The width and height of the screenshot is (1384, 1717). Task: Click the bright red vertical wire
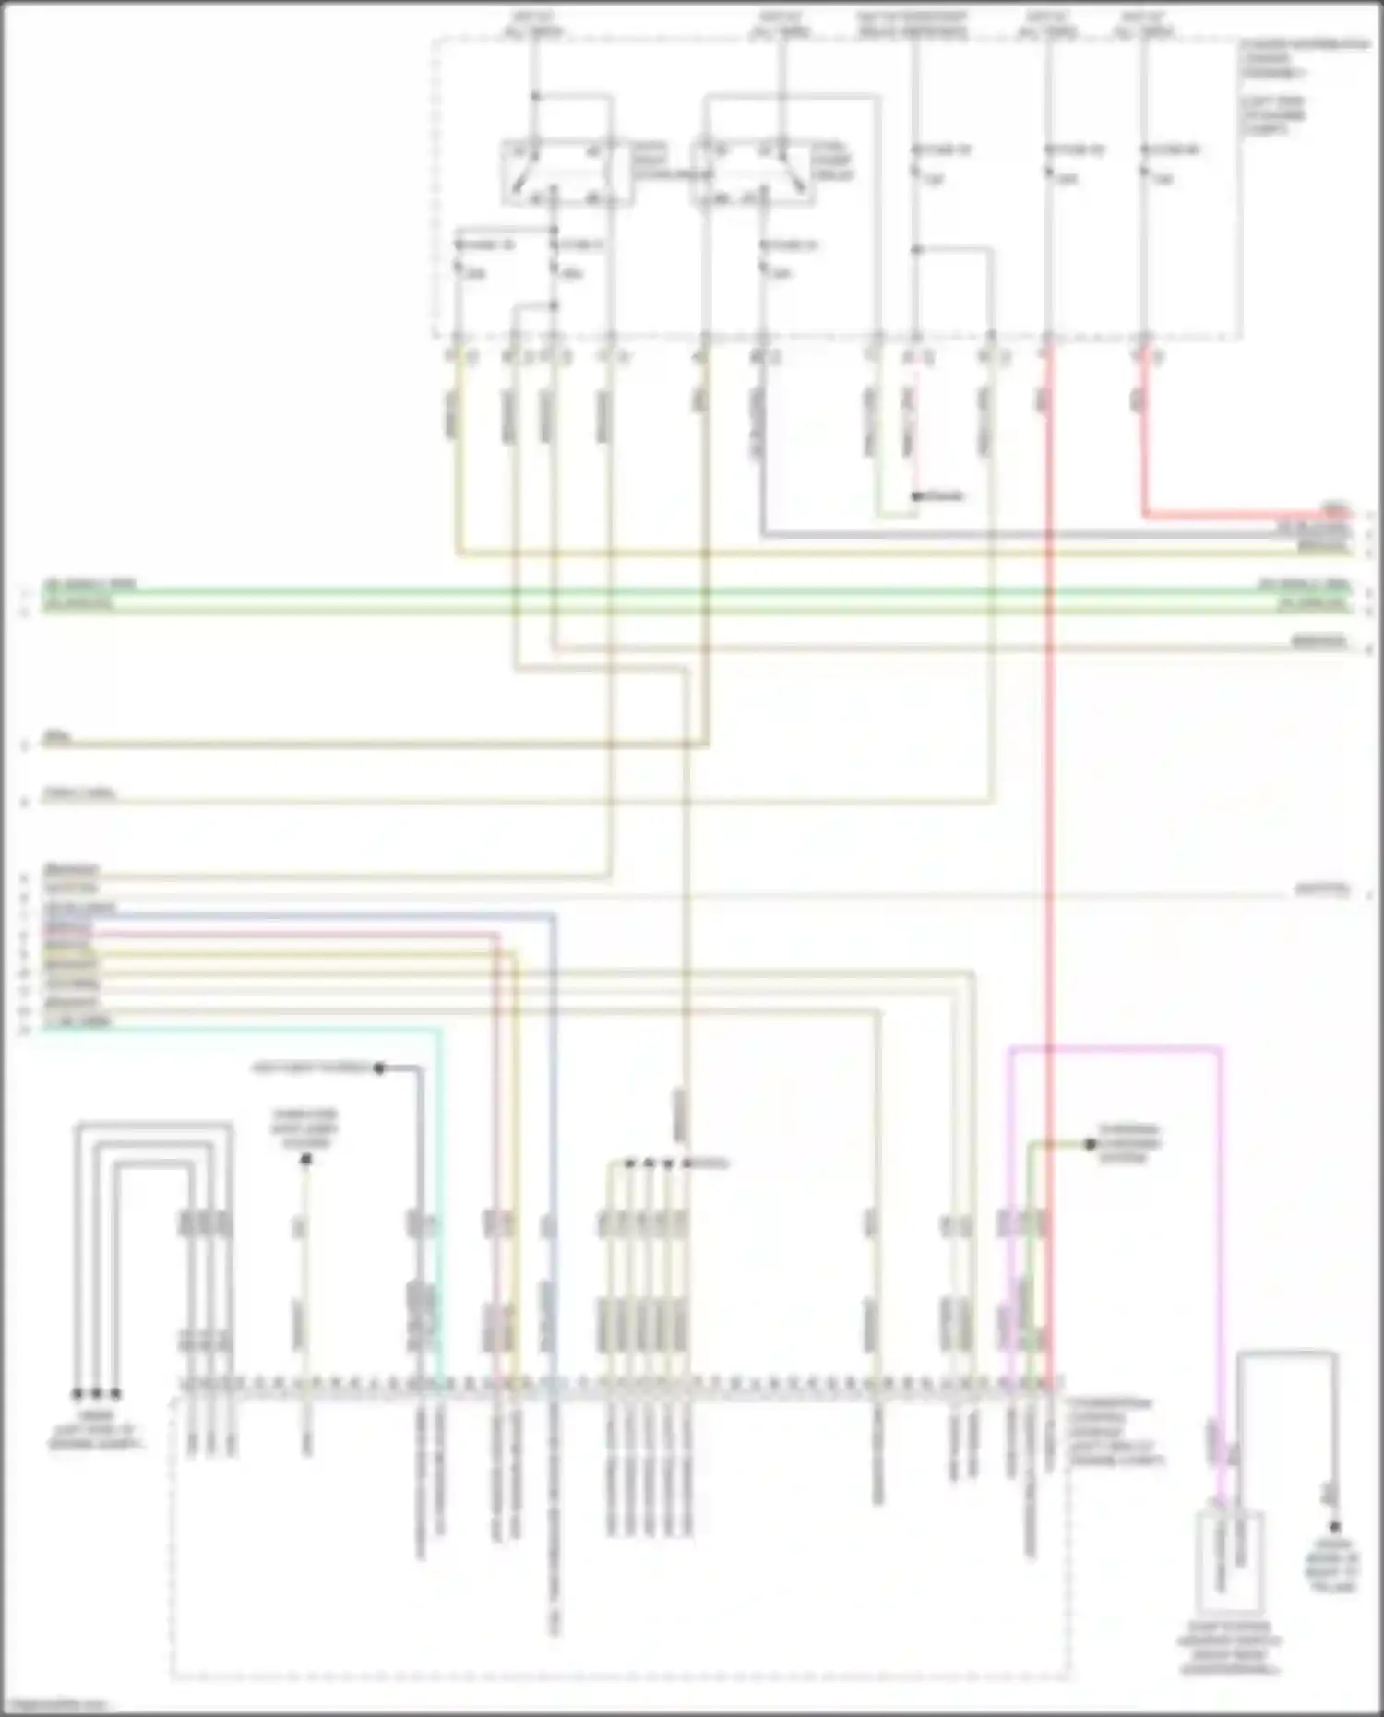1049,830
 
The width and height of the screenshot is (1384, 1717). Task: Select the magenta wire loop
1116,1048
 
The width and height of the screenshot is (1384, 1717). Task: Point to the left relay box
566,173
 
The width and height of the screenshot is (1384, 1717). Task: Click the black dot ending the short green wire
1091,1144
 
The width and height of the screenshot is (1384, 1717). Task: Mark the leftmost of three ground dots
78,1393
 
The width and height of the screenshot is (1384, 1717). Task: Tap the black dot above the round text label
1334,1527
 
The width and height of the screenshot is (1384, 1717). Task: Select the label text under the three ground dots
96,1429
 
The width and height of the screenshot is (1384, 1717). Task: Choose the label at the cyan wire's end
78,1020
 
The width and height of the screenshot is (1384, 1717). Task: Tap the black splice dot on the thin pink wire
916,496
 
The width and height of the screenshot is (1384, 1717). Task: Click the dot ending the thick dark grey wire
378,1068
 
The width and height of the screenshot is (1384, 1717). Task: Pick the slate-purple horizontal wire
1015,534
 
